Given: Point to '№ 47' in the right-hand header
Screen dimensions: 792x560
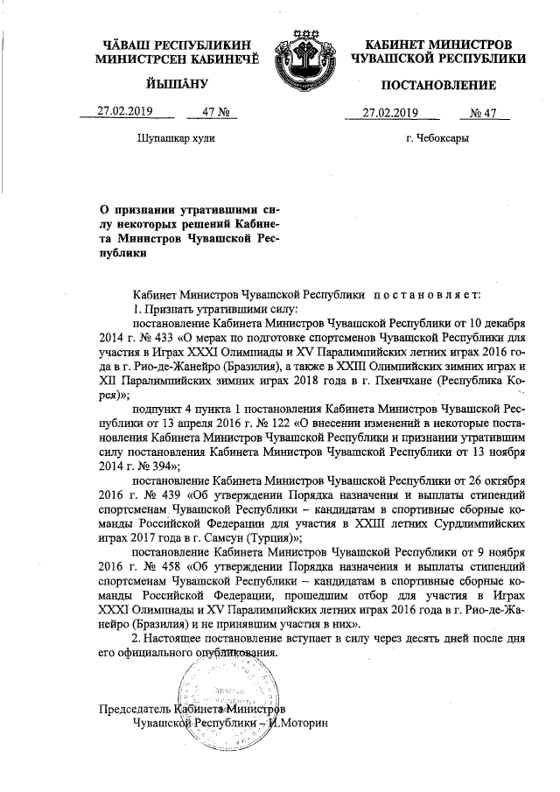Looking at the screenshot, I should coord(483,111).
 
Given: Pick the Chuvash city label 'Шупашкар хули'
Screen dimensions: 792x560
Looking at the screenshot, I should coord(176,138).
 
